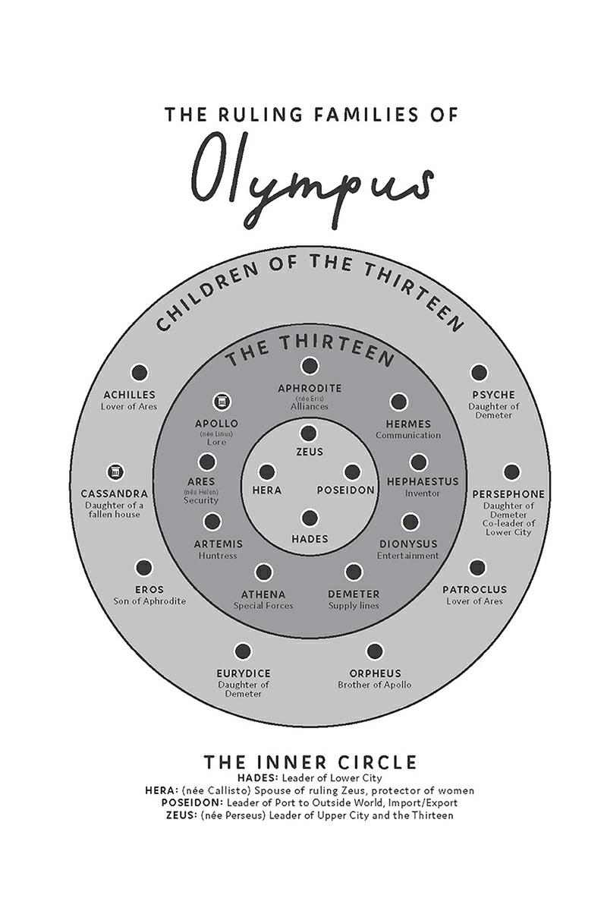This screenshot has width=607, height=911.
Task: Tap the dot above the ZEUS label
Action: point(309,433)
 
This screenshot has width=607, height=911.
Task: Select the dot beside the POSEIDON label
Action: point(352,471)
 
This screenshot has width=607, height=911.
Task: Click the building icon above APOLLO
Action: point(221,402)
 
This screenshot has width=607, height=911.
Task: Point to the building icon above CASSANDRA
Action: point(115,472)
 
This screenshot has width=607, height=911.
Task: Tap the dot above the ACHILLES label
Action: point(139,372)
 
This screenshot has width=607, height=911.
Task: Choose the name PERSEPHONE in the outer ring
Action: point(508,494)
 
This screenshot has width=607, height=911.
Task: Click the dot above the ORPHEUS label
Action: point(374,651)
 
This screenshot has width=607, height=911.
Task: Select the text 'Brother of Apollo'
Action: point(375,685)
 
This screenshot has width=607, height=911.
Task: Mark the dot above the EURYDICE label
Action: point(244,651)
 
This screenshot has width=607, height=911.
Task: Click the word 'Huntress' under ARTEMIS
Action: point(218,556)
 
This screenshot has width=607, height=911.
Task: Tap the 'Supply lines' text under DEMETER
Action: point(354,606)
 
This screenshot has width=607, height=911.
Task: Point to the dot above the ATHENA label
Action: point(264,572)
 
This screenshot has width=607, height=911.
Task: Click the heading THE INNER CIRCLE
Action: point(310,761)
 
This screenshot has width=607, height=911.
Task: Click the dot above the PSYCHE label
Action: point(478,372)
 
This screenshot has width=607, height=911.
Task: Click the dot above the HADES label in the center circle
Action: point(309,519)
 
